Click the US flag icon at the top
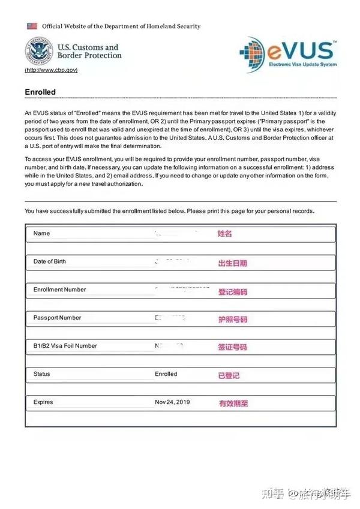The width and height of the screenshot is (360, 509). (x=32, y=26)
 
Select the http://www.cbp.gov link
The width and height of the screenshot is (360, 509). (x=51, y=70)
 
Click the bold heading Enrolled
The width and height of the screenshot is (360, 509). (x=40, y=92)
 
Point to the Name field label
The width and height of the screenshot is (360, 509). (x=42, y=233)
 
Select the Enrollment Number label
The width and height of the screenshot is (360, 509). (x=59, y=290)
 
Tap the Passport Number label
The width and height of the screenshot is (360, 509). (x=57, y=318)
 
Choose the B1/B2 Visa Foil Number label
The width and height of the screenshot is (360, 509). (x=65, y=346)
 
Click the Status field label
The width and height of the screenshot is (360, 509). (x=42, y=374)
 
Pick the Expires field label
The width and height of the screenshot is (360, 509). (x=43, y=402)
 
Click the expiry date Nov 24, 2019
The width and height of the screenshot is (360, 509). (x=172, y=402)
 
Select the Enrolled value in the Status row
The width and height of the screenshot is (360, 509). (x=166, y=374)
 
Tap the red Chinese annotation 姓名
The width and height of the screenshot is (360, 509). (x=224, y=234)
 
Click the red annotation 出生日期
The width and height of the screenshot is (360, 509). (x=232, y=263)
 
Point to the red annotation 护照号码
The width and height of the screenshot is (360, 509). (x=232, y=319)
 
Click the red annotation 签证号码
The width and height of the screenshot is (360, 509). (x=232, y=347)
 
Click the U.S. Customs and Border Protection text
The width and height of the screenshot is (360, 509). (x=89, y=52)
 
